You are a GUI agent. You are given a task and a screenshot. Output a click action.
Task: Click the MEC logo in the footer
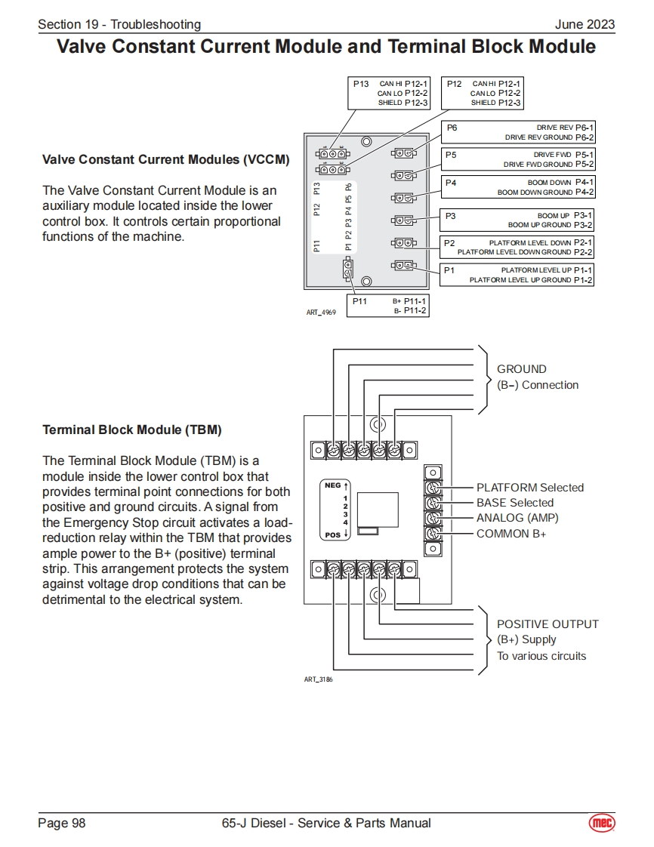coord(602,823)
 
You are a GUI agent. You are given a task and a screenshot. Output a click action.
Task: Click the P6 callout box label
coord(452,128)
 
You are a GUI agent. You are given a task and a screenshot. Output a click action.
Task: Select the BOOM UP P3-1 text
coord(565,216)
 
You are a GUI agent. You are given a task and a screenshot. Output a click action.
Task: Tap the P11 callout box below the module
coord(387,305)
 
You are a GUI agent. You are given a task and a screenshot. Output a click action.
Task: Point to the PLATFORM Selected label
coord(529,488)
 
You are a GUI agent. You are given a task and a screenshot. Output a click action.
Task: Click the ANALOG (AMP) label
coord(517,518)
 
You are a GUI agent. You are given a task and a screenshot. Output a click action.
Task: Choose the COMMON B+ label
coord(511,534)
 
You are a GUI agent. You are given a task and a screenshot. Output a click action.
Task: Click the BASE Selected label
coord(514,503)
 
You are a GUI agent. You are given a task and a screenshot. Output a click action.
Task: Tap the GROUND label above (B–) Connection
coord(521,369)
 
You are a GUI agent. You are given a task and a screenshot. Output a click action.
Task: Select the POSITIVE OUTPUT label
coord(548,624)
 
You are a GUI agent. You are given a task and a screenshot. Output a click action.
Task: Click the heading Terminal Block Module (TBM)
coord(132,430)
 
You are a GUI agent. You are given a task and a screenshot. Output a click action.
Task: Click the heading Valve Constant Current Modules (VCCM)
coord(166,160)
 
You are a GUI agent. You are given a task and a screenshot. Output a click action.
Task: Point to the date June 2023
coord(585,24)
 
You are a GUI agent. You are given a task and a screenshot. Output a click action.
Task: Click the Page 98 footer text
coord(62,823)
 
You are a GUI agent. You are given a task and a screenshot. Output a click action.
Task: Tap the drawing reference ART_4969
coord(321,312)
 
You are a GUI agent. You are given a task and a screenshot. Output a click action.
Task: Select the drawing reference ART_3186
coord(318,679)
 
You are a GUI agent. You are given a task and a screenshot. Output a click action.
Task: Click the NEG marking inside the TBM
coord(333,485)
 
